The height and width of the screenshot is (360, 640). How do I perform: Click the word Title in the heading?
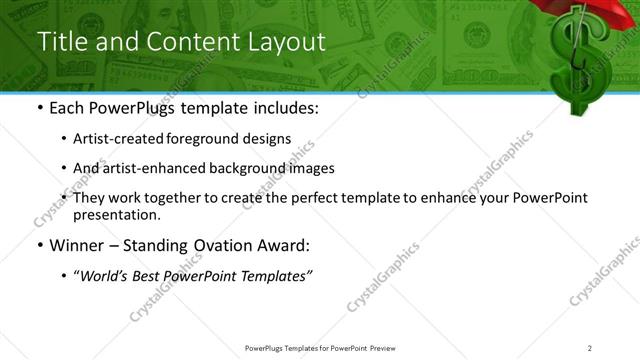pos(59,42)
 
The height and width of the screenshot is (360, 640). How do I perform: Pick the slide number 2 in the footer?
pos(590,348)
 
